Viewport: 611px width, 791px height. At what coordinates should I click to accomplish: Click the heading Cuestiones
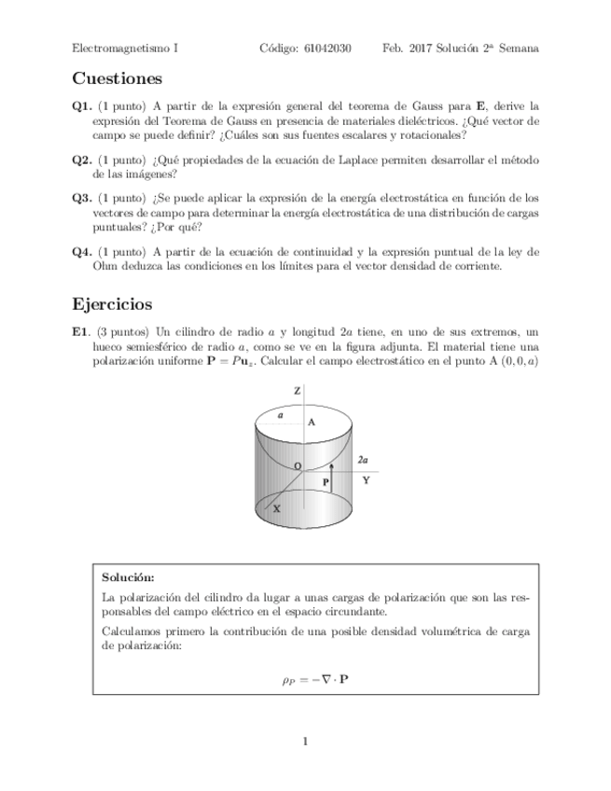coord(117,78)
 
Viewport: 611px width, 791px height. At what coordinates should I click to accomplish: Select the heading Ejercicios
coord(113,305)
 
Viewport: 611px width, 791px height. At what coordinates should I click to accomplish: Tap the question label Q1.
coord(81,106)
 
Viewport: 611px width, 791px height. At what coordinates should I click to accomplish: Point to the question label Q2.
coord(81,160)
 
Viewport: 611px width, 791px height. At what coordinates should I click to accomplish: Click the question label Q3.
coord(81,198)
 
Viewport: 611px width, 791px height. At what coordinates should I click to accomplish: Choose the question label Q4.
coord(81,251)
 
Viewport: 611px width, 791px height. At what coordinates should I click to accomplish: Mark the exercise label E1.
coord(80,331)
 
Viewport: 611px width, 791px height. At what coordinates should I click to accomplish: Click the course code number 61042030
coord(327,49)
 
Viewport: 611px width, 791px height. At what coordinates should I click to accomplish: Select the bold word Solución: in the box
coord(128,578)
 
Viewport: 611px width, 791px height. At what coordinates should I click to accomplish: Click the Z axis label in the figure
coord(297,393)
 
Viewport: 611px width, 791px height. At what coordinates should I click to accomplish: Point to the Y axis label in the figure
coord(366,480)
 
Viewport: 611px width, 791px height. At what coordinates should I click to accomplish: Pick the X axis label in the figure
coord(276,509)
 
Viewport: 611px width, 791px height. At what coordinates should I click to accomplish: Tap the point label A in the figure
coord(312,422)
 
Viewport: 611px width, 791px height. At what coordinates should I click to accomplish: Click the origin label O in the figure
coord(297,465)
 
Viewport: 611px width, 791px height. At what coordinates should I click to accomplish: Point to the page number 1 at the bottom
coord(305,742)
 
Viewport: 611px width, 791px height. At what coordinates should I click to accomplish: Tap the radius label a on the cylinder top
coord(280,416)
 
